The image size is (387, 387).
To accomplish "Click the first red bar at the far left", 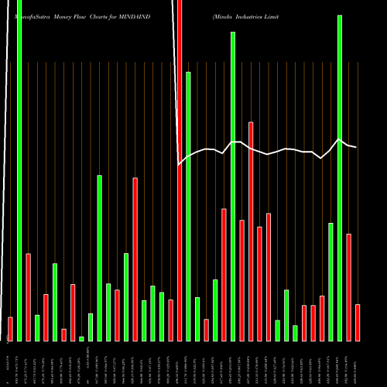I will (10, 329).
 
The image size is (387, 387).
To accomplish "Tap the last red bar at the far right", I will (358, 323).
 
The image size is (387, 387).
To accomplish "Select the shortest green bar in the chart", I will (81, 339).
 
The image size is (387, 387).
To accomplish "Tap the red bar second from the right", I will (348, 287).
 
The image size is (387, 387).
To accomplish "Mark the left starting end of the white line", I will (179, 164).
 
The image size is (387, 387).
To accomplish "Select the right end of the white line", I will (357, 147).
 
